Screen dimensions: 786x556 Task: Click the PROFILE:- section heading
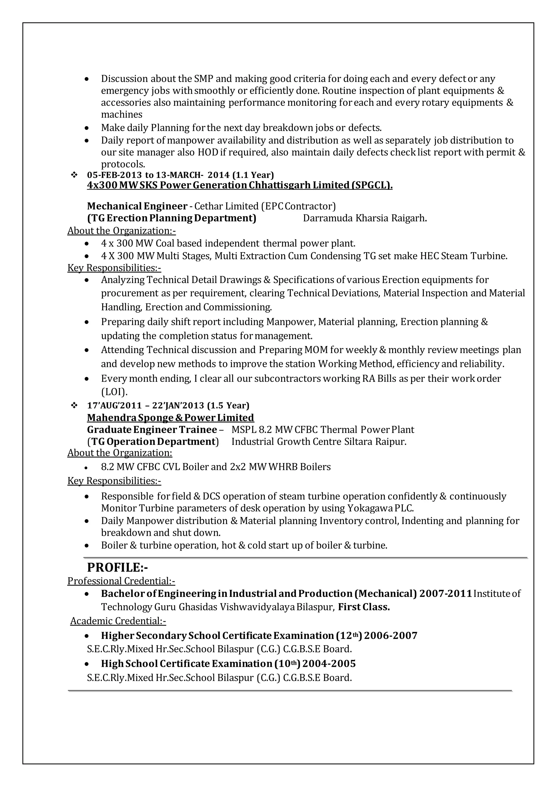tap(118, 567)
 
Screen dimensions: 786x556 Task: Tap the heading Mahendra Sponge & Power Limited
tap(170, 418)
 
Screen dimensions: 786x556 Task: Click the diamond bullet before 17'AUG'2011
tap(74, 405)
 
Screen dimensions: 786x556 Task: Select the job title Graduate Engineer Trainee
tap(152, 430)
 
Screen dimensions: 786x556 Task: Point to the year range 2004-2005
tap(329, 664)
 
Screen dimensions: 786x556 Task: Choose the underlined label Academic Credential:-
tap(118, 621)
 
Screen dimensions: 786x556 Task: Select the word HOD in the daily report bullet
tap(208, 152)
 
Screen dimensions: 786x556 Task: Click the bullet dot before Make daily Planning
tap(87, 128)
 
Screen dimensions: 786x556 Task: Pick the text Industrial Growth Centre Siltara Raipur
tap(319, 442)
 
